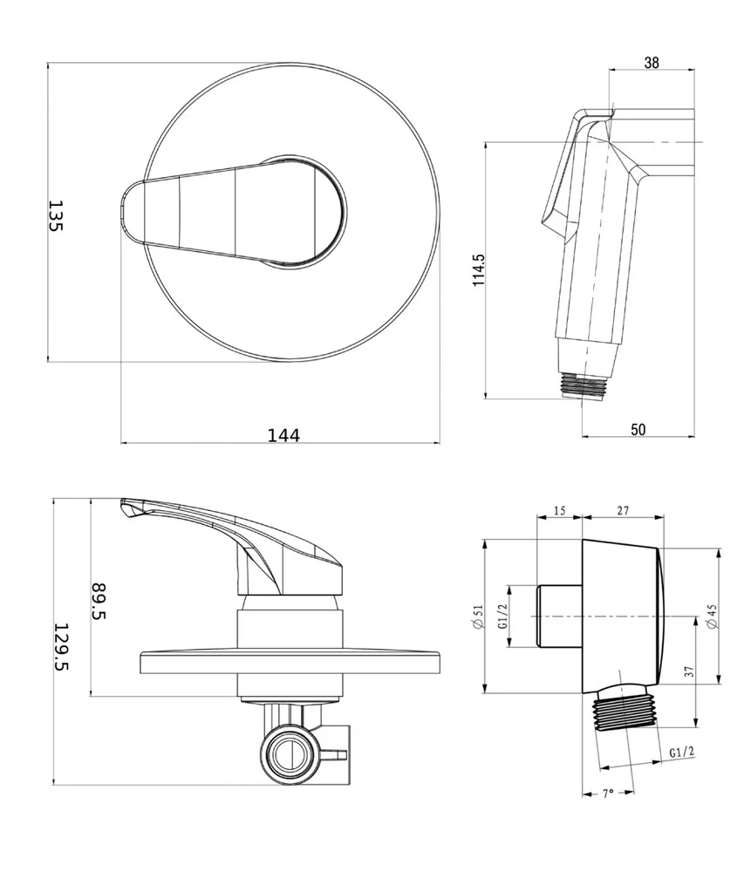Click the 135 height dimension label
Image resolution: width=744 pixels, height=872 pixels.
click(56, 215)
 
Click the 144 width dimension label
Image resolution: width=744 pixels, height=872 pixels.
click(283, 435)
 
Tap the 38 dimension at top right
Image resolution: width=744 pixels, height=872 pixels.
click(652, 62)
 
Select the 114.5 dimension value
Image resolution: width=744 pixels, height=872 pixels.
click(478, 270)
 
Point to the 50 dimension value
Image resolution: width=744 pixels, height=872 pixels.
click(638, 429)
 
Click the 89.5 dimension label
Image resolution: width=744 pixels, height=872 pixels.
click(99, 601)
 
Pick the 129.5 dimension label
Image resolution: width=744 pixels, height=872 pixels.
click(62, 646)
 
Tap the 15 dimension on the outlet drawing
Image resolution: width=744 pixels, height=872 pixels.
click(559, 510)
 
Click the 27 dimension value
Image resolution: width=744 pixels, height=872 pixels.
click(623, 510)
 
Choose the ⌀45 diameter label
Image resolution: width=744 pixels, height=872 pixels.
click(713, 617)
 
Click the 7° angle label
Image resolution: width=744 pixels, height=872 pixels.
click(608, 794)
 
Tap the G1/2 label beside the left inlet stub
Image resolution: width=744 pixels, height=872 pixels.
click(503, 617)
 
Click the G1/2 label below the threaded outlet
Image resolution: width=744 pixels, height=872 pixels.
click(682, 753)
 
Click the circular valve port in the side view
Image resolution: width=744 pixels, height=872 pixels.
click(290, 753)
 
